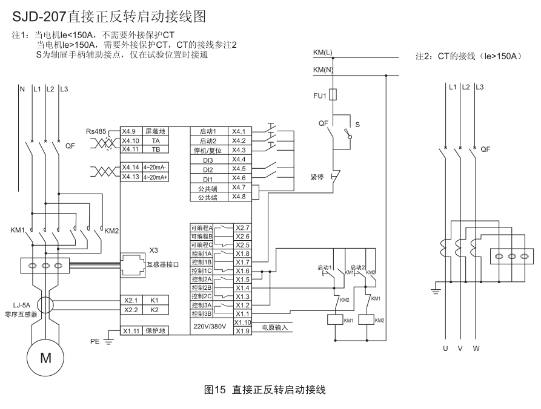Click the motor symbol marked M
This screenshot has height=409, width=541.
tap(45, 357)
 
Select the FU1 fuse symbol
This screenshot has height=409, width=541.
tap(332, 95)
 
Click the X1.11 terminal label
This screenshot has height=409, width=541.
tap(131, 331)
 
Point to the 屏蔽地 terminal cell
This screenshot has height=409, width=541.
tap(155, 131)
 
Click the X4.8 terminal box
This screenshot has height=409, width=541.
tap(239, 197)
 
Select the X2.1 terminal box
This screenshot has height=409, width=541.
tap(131, 300)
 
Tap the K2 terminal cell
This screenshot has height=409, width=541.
tap(154, 310)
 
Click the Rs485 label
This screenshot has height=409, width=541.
tap(96, 131)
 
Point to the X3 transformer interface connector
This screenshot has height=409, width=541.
tap(134, 264)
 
